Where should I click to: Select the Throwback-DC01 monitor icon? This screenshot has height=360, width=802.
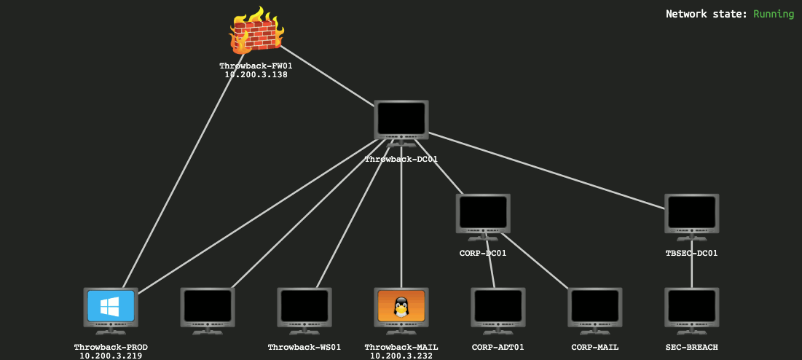coord(401,120)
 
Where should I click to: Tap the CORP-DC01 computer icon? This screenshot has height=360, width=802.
coord(484,214)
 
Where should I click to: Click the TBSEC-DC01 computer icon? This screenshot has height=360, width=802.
coord(691,214)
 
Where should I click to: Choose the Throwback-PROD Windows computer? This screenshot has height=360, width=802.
coord(111,308)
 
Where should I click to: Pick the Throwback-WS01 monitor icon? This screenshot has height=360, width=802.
coord(304,308)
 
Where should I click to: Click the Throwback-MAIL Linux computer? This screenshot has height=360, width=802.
coord(401,308)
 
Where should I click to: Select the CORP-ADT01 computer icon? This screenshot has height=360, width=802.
coord(498,308)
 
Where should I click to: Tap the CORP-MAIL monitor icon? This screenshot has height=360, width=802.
coord(595,308)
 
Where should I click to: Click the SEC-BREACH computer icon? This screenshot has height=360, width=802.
coord(691,308)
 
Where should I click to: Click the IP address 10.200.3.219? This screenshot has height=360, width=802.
coord(111,356)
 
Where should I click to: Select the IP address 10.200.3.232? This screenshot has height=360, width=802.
coord(401,356)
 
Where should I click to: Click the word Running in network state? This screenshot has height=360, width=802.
coord(774,14)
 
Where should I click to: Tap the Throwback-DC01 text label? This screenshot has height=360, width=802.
coord(401,159)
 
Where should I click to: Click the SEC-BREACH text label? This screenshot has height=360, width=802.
coord(691,348)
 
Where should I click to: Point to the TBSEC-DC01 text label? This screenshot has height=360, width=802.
coord(691,254)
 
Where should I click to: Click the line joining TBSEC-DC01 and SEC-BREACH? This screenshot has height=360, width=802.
coord(691,273)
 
